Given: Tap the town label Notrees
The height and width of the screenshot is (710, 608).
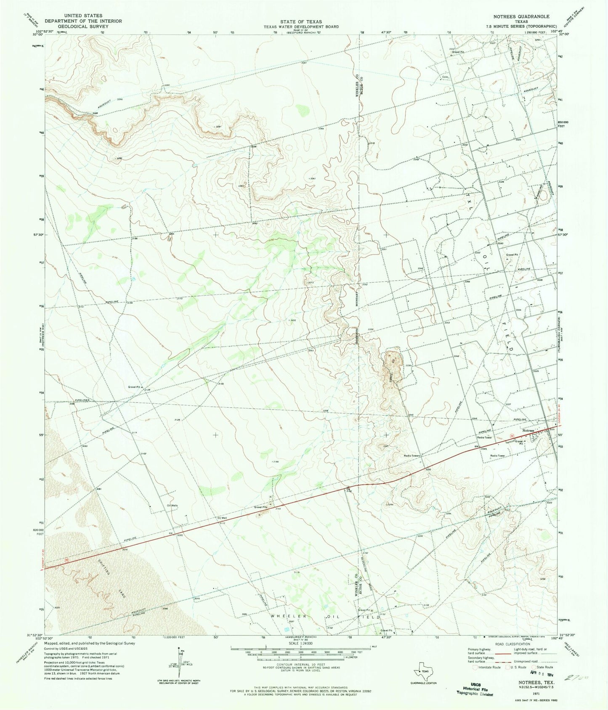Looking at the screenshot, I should [528, 430].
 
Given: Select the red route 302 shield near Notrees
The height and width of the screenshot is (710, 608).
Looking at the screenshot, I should [512, 435].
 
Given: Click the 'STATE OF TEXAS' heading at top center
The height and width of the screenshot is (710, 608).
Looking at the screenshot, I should [302, 21].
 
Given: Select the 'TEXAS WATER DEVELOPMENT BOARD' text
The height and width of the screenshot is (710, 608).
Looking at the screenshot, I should [302, 26].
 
